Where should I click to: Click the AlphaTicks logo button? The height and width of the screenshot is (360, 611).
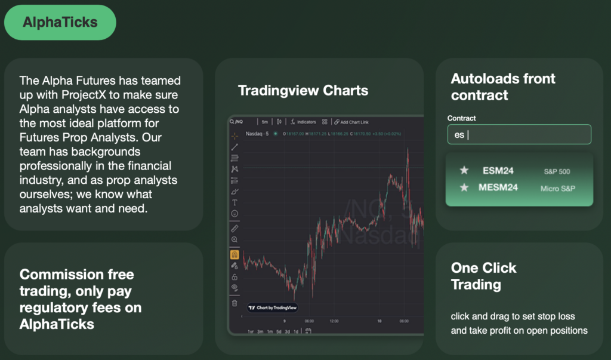pyautogui.click(x=60, y=23)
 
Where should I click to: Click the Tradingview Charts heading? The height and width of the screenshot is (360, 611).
pyautogui.click(x=303, y=91)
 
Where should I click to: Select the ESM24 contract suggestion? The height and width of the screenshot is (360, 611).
pyautogui.click(x=498, y=171)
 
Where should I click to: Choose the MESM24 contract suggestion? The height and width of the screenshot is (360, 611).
pyautogui.click(x=498, y=187)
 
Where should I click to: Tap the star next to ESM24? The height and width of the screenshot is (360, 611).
pyautogui.click(x=464, y=171)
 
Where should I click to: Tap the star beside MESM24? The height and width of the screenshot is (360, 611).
pyautogui.click(x=464, y=187)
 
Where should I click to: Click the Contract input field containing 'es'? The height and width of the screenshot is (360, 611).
pyautogui.click(x=519, y=134)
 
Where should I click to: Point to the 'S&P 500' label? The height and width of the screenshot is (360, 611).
pyautogui.click(x=557, y=171)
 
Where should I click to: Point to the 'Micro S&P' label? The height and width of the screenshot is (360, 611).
pyautogui.click(x=558, y=189)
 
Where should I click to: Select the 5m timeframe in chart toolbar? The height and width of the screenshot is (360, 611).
pyautogui.click(x=265, y=122)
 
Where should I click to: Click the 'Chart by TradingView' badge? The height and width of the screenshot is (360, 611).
pyautogui.click(x=272, y=307)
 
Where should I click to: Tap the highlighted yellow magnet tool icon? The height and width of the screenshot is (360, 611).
pyautogui.click(x=234, y=254)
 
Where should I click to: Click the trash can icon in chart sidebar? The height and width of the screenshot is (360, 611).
pyautogui.click(x=234, y=303)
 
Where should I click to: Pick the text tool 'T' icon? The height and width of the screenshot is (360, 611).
pyautogui.click(x=234, y=203)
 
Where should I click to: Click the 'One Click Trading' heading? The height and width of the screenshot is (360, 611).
pyautogui.click(x=483, y=276)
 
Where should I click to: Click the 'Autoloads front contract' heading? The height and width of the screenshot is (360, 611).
pyautogui.click(x=503, y=87)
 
